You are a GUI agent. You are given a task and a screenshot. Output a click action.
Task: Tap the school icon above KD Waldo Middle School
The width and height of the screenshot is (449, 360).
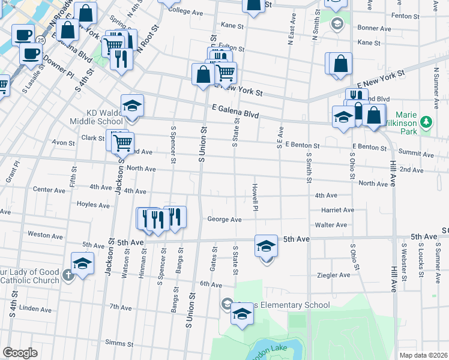point(132,106)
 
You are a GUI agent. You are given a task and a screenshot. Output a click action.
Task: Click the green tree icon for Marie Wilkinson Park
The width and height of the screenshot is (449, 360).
point(427,122)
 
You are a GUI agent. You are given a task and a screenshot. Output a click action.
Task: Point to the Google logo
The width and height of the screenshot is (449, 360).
point(20,353)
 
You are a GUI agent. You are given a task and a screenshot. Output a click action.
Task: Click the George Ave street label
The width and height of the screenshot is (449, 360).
point(224,220)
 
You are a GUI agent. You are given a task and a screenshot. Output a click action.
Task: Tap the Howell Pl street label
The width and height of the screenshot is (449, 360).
point(256,197)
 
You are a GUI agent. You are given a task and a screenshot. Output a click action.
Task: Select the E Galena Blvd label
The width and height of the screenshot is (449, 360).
point(235,111)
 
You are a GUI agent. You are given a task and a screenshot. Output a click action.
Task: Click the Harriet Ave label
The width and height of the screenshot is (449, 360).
point(338,210)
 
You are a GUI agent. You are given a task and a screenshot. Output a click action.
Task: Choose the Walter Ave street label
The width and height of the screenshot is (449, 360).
point(331,225)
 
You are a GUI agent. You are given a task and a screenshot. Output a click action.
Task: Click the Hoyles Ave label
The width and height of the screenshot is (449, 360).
point(93,205)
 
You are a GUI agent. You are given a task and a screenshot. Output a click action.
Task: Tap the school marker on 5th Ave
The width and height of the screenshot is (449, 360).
point(267,246)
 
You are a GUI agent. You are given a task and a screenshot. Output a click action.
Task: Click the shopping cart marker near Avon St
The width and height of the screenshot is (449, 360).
point(122,142)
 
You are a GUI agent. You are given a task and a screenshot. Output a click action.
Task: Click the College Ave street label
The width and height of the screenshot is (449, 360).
point(186,11)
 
